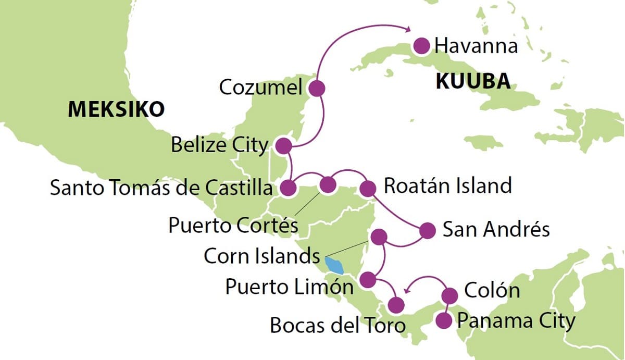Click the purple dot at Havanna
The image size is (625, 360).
421,46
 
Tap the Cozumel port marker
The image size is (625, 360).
317,89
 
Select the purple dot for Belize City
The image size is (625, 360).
283,146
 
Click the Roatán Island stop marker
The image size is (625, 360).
368,189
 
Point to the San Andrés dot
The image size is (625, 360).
427,230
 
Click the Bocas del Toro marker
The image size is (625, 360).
396,304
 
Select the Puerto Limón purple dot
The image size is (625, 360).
368,280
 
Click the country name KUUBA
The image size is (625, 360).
473,81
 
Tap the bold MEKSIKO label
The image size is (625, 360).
116,109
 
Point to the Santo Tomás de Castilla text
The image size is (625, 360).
161,188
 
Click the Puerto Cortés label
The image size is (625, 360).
233,226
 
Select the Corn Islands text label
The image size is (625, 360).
261,256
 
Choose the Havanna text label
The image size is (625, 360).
476,46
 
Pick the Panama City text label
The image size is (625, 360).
516,321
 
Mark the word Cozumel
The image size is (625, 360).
260,88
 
